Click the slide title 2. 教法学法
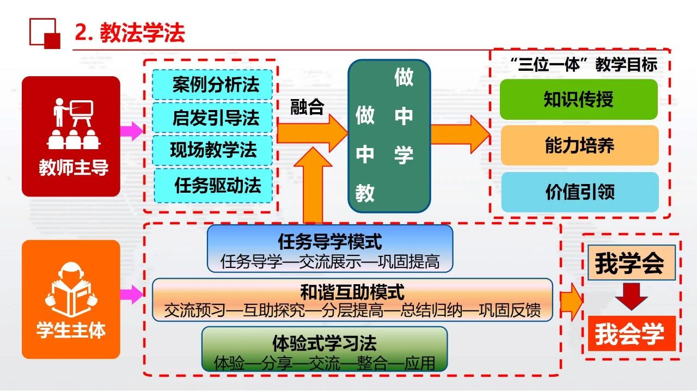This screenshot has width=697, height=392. pyautogui.click(x=130, y=33)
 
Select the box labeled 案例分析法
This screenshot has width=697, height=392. pyautogui.click(x=212, y=85)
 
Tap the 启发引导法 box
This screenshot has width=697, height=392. pyautogui.click(x=212, y=118)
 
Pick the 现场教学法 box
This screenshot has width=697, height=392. pyautogui.click(x=212, y=150)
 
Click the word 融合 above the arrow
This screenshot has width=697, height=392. pyautogui.click(x=307, y=107)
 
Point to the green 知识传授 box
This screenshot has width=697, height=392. pyautogui.click(x=578, y=100)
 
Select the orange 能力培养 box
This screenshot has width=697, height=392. pyautogui.click(x=579, y=145)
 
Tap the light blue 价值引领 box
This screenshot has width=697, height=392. pyautogui.click(x=579, y=192)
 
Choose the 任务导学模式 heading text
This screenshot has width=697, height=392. pyautogui.click(x=330, y=241)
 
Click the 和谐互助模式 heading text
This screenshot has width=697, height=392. pyautogui.click(x=352, y=292)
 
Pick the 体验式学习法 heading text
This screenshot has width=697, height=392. pyautogui.click(x=324, y=343)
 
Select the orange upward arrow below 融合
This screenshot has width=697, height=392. pyautogui.click(x=312, y=185)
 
